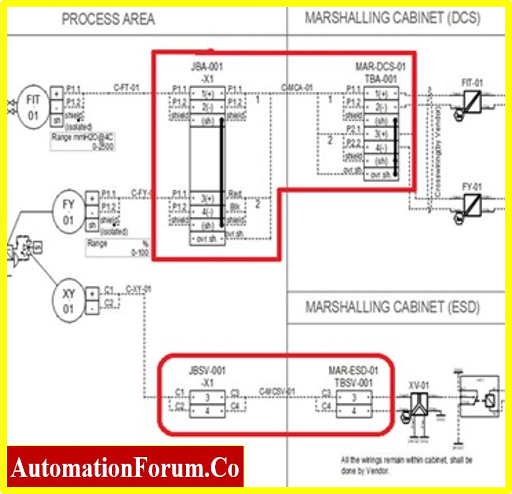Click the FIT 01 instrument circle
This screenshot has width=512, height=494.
point(33,107)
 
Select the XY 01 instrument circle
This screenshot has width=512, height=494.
point(68,301)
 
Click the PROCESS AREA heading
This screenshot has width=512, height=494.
point(108,19)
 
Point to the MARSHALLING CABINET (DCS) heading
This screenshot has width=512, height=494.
point(392,18)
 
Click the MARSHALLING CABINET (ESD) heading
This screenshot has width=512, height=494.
point(392,307)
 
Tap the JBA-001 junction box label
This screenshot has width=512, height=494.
point(207,67)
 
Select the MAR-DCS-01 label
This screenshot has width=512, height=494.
point(380,67)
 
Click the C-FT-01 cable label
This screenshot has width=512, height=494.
point(126,88)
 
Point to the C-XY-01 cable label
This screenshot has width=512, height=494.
point(138,289)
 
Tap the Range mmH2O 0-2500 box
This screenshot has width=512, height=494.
point(82,141)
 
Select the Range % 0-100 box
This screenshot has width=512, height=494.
point(117,248)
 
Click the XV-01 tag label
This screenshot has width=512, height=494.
point(418,385)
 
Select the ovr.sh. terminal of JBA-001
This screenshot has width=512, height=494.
point(207,239)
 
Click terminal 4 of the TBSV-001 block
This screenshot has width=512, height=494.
point(354,411)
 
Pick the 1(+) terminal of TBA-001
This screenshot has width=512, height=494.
point(381,93)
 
